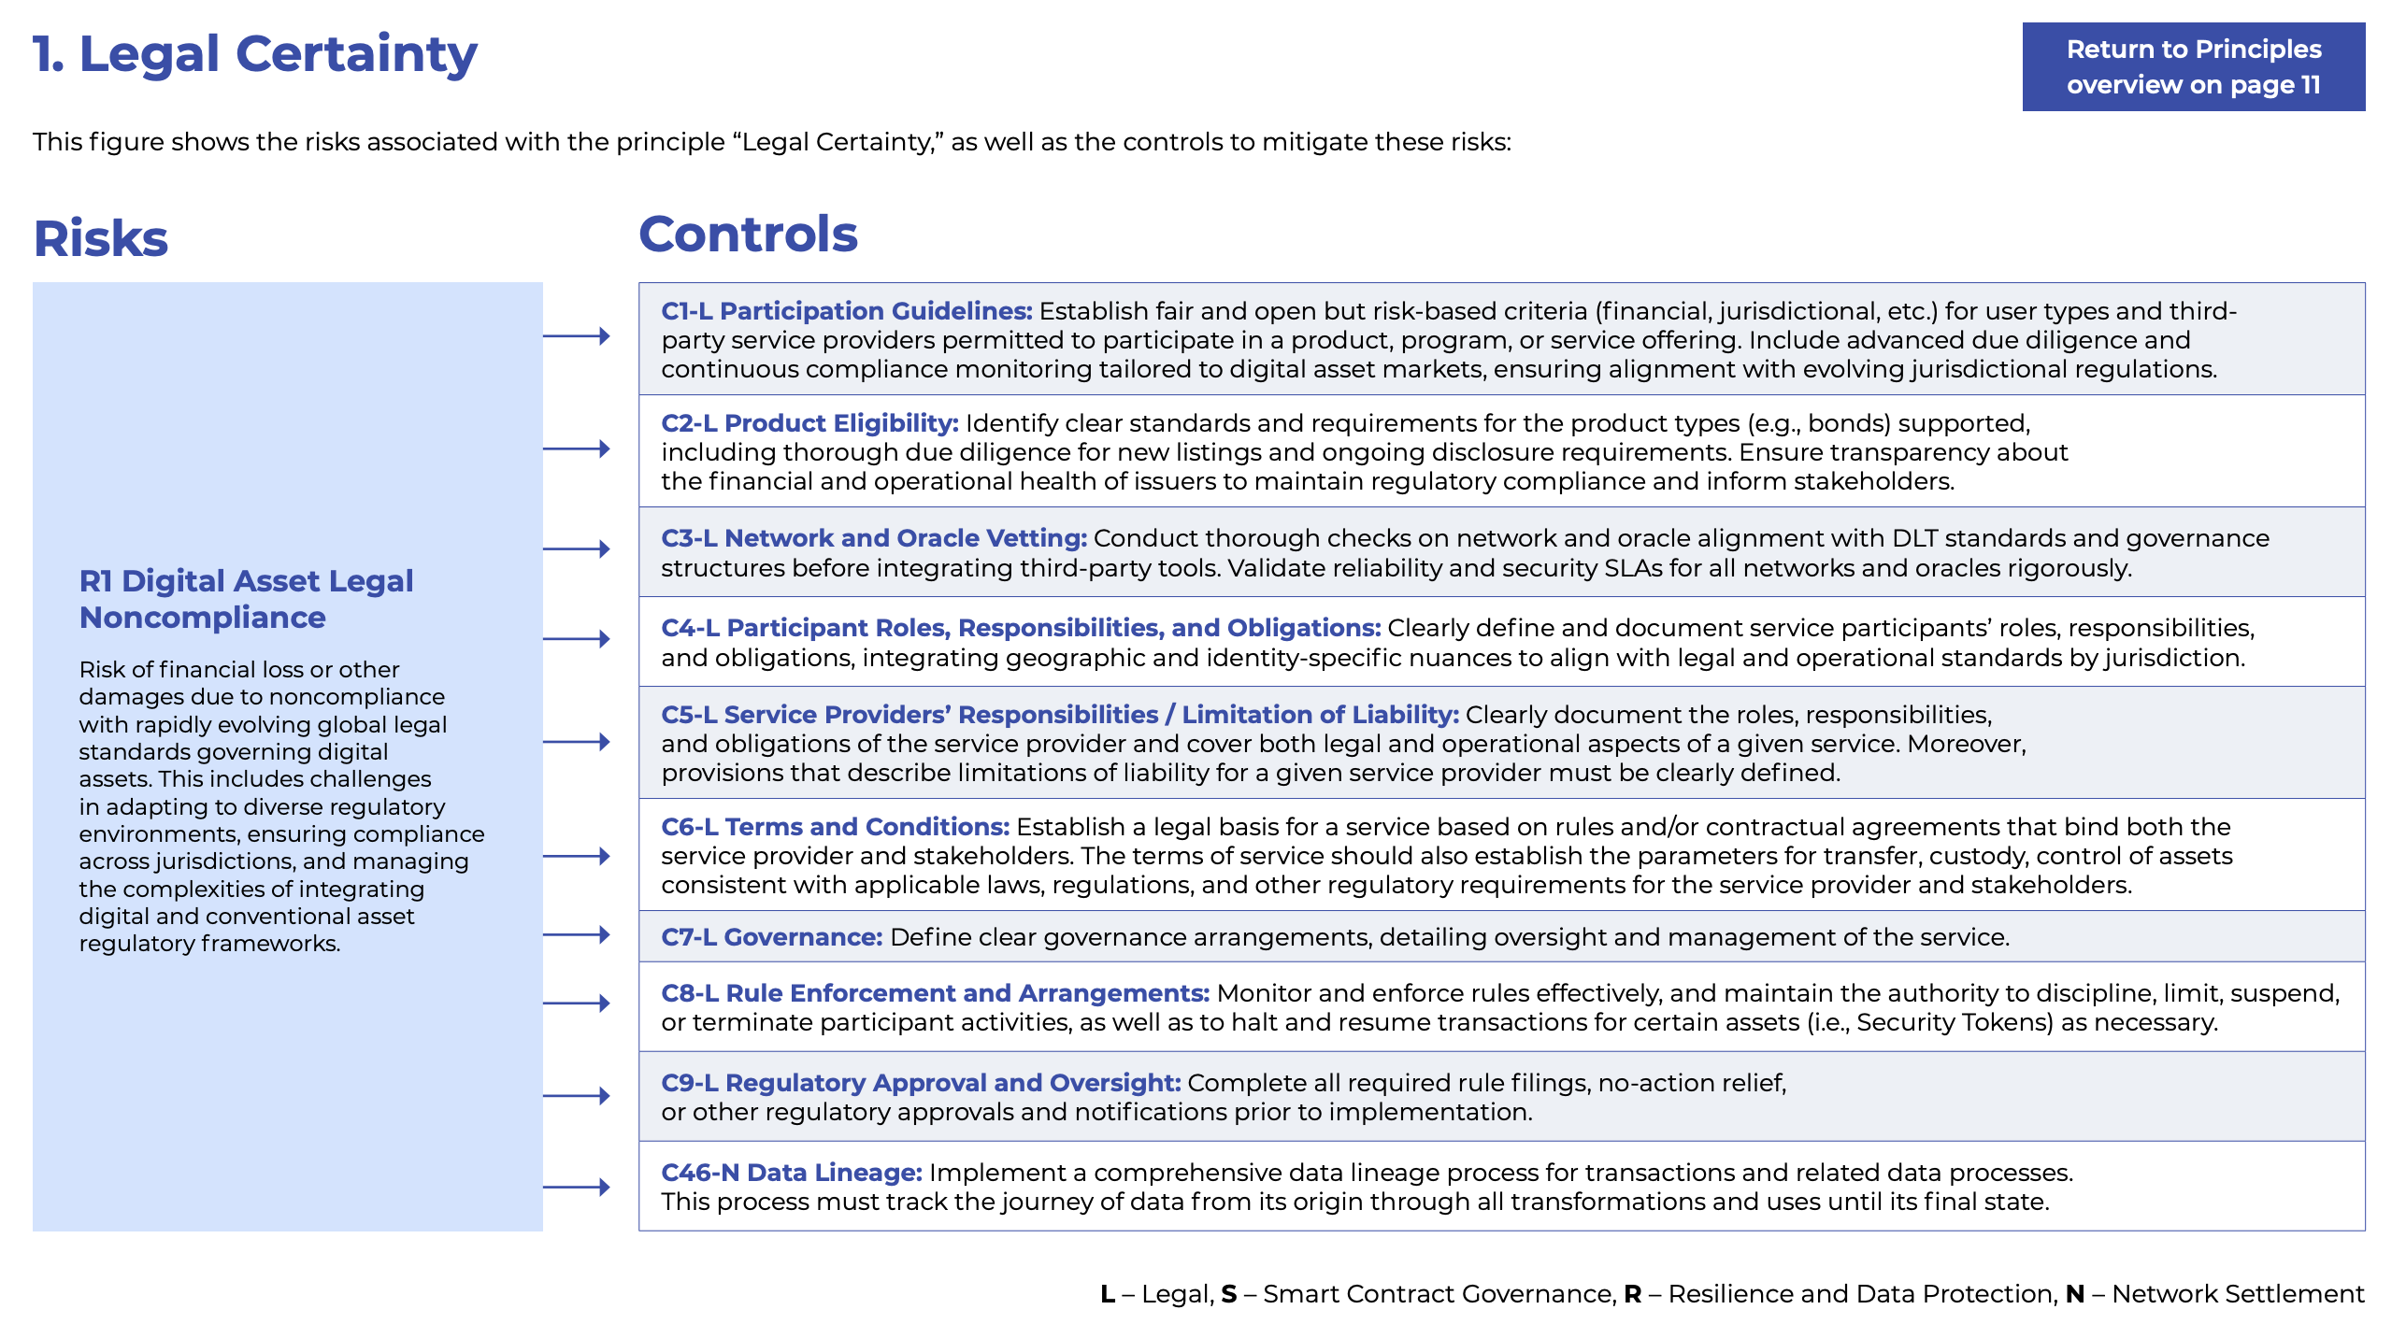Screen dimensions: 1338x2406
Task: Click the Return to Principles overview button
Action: point(2193,66)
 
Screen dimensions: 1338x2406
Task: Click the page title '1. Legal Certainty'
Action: point(254,54)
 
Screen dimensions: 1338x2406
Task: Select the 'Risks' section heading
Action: point(101,238)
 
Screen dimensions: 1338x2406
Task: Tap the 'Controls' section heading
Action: point(748,234)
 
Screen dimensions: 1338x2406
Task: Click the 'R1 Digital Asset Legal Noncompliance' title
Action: point(246,599)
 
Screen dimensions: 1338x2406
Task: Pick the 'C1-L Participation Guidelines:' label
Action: point(846,311)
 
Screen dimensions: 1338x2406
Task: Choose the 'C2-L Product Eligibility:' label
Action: point(809,423)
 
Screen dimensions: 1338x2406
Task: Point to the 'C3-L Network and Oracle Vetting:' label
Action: point(873,538)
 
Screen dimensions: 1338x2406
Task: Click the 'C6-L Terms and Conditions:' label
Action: point(835,827)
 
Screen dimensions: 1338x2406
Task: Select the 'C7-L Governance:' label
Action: point(771,937)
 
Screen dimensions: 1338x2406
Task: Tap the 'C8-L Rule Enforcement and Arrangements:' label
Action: point(935,993)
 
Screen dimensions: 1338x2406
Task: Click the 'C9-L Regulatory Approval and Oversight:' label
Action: point(921,1083)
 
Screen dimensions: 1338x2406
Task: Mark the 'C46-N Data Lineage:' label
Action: point(791,1173)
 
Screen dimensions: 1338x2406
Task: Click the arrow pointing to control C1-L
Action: point(577,336)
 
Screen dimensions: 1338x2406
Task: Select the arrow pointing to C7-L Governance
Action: point(577,934)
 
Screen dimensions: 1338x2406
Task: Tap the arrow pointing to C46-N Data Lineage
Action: point(577,1188)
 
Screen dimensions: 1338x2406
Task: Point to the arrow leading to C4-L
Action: point(577,639)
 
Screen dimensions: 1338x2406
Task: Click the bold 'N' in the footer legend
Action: point(2074,1294)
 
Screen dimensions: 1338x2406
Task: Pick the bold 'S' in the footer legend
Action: point(1228,1294)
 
